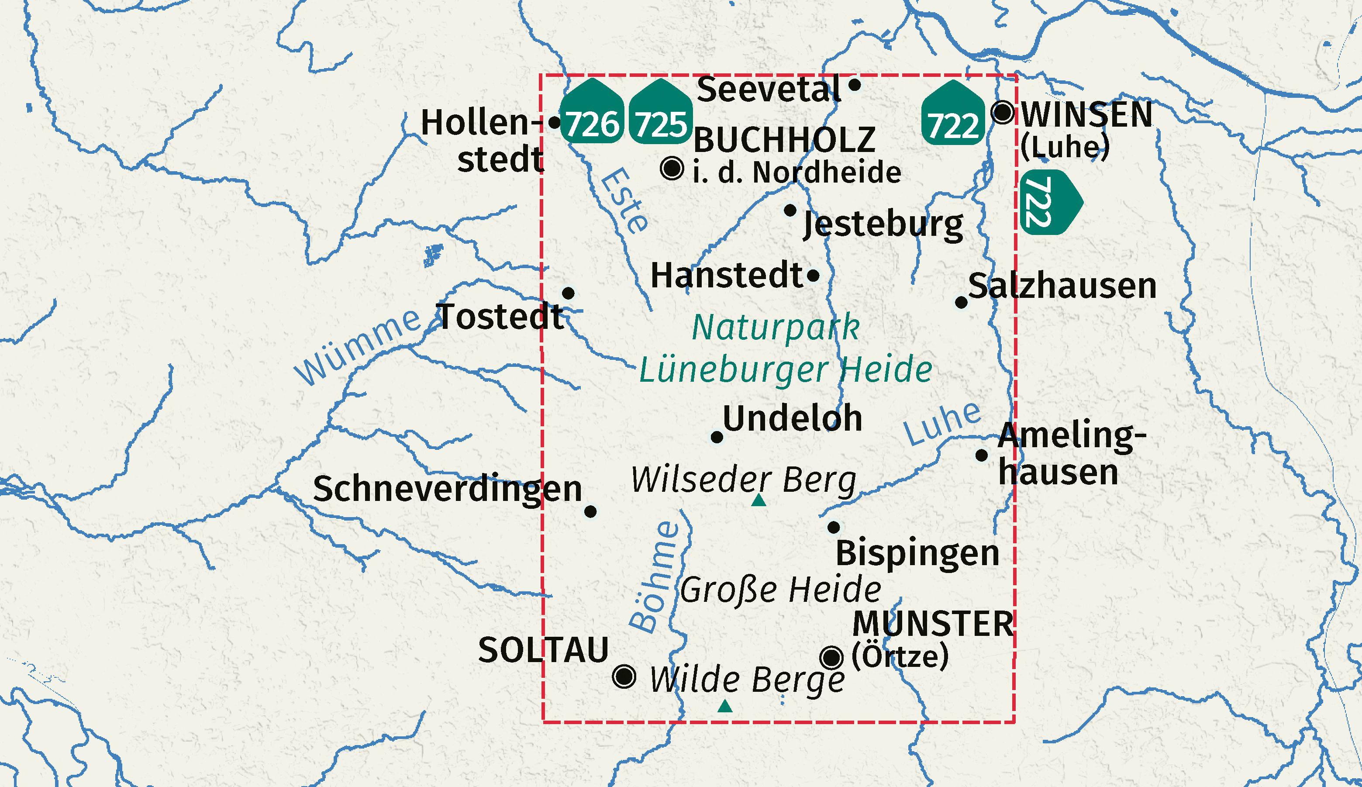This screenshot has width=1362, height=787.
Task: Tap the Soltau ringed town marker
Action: (x=624, y=676)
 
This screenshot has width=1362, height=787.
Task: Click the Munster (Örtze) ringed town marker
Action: (x=831, y=658)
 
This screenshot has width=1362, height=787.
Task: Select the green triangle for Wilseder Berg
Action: (x=759, y=501)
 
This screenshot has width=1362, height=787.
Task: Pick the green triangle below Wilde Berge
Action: (x=725, y=706)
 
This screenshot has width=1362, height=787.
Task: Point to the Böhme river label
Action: (x=654, y=576)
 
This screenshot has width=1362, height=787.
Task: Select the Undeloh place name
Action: (x=792, y=418)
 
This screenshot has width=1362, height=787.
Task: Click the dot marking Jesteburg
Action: (x=790, y=210)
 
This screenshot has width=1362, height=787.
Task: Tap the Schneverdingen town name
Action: (x=448, y=489)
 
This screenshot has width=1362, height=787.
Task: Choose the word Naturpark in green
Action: (x=776, y=328)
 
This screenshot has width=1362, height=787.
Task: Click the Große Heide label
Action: (x=780, y=589)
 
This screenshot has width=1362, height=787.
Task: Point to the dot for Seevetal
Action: (x=855, y=85)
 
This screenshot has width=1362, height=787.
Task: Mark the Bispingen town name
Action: (x=917, y=553)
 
